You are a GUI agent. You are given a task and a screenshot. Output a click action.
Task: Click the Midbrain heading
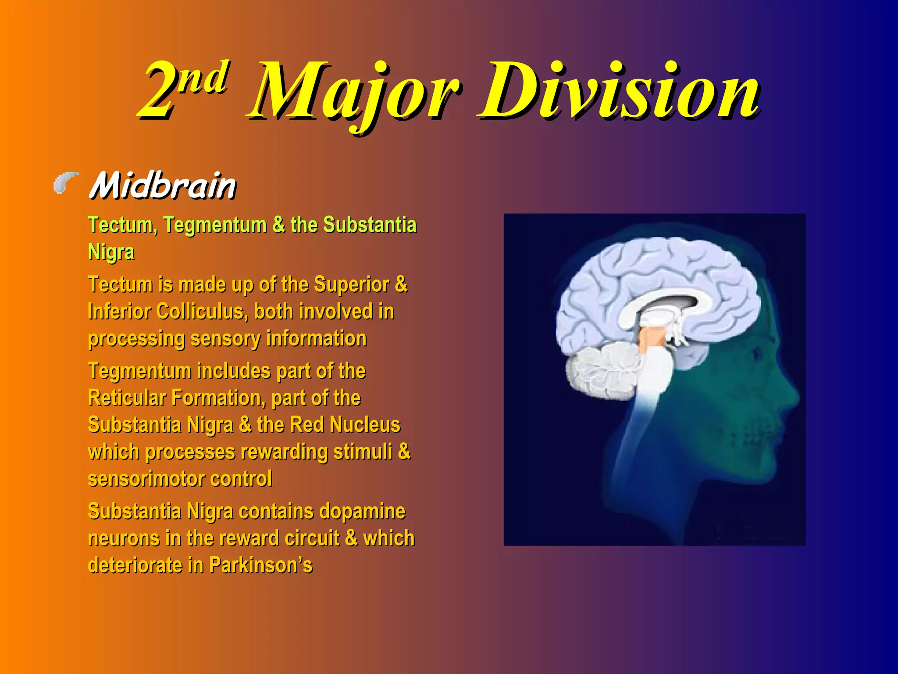click(163, 186)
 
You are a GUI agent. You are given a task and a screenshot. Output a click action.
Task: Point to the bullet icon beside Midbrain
click(66, 183)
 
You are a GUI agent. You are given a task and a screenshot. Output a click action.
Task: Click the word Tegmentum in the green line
click(215, 225)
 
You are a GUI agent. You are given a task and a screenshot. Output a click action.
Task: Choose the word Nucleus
click(365, 425)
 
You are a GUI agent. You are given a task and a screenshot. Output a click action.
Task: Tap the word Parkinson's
click(260, 566)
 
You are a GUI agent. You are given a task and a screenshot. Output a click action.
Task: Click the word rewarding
click(282, 452)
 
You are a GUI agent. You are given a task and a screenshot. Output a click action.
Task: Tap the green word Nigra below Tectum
click(111, 252)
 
